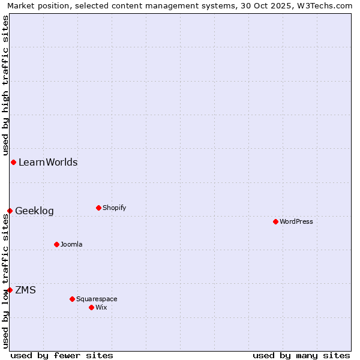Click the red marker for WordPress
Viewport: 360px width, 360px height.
[275, 221]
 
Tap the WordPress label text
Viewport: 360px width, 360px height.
[296, 221]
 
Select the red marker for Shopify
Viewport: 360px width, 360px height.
[98, 208]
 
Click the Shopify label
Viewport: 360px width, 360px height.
[114, 208]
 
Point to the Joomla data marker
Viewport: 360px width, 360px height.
[56, 244]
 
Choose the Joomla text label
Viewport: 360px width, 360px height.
[71, 244]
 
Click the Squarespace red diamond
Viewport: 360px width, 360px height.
[72, 299]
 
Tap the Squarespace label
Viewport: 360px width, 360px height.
[97, 299]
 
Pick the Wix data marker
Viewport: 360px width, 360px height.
[91, 307]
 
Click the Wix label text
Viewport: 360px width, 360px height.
[101, 307]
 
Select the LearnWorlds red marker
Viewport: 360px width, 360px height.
[13, 162]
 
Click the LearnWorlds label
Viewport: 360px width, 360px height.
[48, 162]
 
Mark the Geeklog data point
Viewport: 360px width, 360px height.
[10, 211]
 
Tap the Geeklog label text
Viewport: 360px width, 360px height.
[34, 211]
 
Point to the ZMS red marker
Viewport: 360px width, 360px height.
[10, 290]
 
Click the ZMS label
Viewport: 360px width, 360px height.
[25, 290]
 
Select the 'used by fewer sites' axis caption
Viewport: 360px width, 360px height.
[62, 355]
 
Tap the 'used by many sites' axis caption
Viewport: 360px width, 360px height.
[301, 355]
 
